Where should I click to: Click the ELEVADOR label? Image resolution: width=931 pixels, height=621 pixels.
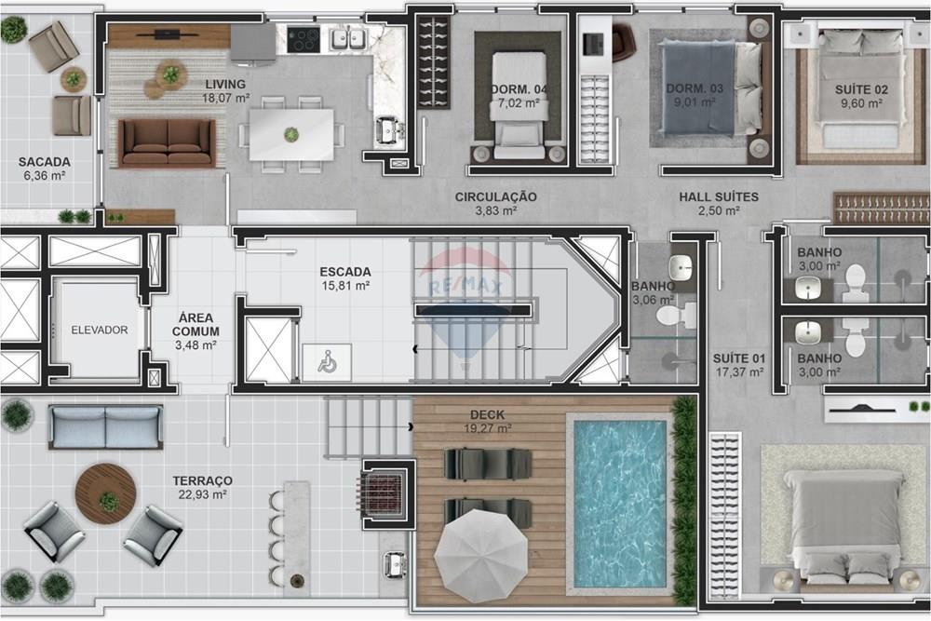(x=99, y=330)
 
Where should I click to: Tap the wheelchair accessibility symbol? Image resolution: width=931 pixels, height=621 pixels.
(x=327, y=363)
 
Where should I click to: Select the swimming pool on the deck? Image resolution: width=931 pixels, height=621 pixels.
(x=619, y=502)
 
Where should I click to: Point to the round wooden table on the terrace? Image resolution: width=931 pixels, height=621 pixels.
(x=106, y=493)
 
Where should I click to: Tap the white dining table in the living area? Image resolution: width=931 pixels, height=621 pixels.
(x=292, y=135)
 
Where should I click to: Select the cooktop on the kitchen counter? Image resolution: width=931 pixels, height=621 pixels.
(x=304, y=39)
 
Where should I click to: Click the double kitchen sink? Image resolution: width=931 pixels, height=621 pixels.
(x=347, y=38)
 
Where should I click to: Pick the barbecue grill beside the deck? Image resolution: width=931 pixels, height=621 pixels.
(x=385, y=489)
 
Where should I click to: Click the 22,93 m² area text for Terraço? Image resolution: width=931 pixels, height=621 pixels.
(x=202, y=494)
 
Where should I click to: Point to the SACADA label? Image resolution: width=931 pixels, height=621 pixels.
(x=44, y=162)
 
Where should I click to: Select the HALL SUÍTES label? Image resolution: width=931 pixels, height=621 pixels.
(x=718, y=196)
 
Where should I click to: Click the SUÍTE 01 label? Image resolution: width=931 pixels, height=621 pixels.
(x=738, y=358)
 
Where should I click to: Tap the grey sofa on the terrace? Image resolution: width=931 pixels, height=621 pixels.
(x=105, y=427)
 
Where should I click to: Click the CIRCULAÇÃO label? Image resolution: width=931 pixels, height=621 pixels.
(x=495, y=196)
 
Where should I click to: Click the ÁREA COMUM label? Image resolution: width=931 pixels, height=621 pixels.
(x=196, y=324)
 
